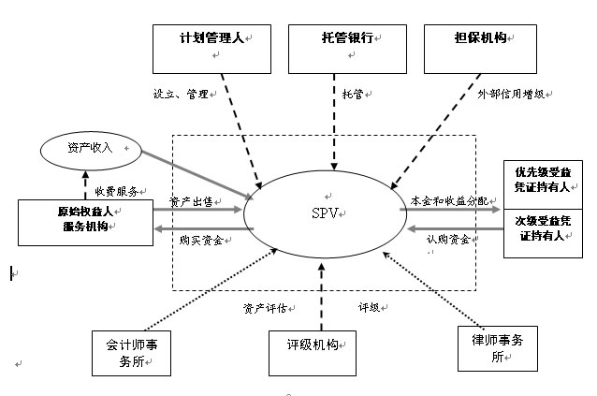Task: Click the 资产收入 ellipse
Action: click(x=90, y=150)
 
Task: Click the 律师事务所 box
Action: click(x=496, y=348)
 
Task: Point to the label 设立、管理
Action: click(x=182, y=94)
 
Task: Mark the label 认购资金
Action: click(x=449, y=239)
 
